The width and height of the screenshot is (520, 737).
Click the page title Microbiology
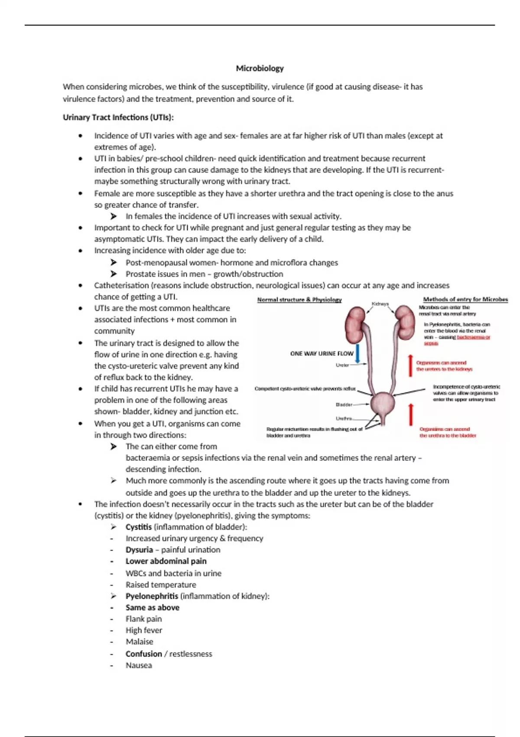(260, 68)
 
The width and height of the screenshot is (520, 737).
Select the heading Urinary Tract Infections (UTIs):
(118, 117)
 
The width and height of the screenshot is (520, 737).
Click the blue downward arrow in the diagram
(357, 353)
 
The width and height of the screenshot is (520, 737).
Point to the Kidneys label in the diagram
(380, 304)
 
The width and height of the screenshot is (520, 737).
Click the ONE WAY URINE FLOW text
(322, 353)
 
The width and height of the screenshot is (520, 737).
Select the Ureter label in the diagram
(342, 365)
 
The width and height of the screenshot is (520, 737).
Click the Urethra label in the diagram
(344, 418)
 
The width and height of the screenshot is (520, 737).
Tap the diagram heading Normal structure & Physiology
(299, 300)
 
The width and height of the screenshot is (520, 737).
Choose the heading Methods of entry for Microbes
(465, 299)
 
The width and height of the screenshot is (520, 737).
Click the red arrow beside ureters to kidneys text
(410, 365)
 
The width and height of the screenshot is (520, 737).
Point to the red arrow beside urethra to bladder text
(411, 414)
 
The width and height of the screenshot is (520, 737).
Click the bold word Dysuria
(139, 550)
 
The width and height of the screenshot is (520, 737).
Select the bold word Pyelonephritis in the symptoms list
(152, 596)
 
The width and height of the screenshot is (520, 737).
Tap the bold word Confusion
(143, 654)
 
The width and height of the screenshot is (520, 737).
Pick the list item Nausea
(139, 665)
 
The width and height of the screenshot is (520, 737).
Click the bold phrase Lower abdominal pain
(166, 561)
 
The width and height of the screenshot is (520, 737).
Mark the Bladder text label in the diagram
(344, 404)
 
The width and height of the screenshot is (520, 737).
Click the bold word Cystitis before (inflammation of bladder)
(138, 527)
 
